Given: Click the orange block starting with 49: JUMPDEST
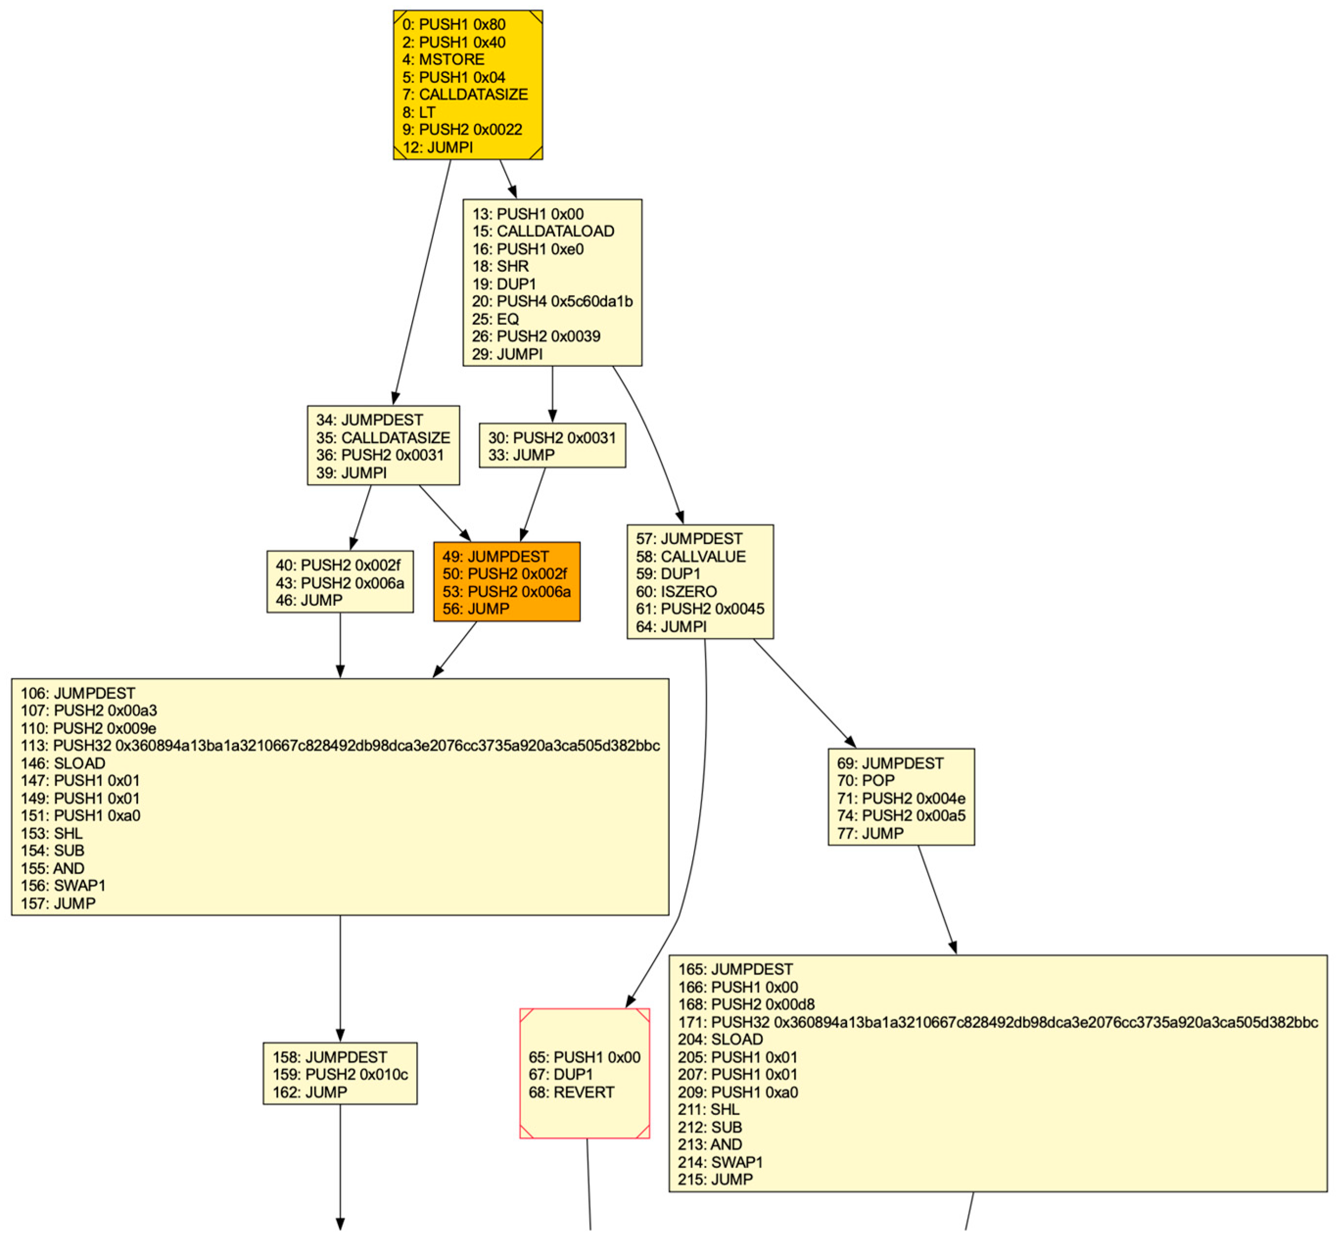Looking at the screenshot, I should (506, 582).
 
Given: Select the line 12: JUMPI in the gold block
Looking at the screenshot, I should (437, 147).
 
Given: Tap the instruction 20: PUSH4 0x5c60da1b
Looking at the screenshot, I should (552, 302).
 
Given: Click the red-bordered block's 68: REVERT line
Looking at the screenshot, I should (571, 1092).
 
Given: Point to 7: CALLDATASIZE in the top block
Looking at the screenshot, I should (465, 94).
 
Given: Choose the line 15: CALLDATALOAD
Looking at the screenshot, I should (542, 231).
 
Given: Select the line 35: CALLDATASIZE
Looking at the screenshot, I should (383, 438).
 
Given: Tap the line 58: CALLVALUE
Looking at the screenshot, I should (690, 557).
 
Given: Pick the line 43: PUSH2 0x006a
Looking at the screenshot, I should (340, 583).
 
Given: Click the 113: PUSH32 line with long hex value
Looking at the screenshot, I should (340, 746).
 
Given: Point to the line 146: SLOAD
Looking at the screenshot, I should (63, 764).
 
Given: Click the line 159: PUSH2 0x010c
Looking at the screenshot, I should (340, 1075).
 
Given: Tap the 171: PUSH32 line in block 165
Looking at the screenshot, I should (997, 1022).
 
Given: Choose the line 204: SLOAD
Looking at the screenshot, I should (720, 1039).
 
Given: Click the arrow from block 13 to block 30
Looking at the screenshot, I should (553, 395).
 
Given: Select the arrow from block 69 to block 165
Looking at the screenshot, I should (937, 900).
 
